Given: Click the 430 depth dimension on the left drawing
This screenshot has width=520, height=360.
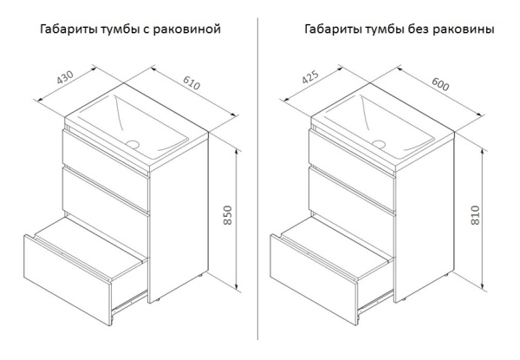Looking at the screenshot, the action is pyautogui.click(x=65, y=77).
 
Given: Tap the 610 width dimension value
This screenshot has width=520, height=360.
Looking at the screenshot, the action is pyautogui.click(x=192, y=83).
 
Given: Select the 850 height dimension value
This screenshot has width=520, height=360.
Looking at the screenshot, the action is pyautogui.click(x=227, y=215).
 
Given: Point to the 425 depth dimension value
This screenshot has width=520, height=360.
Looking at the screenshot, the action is pyautogui.click(x=310, y=77).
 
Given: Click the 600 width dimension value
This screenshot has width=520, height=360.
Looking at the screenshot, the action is pyautogui.click(x=440, y=84).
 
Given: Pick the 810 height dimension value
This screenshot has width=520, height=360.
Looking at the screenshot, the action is pyautogui.click(x=475, y=215).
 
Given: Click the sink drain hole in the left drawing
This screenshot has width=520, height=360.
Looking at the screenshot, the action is pyautogui.click(x=133, y=144).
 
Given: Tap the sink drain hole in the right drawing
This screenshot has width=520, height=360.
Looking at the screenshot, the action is pyautogui.click(x=379, y=144).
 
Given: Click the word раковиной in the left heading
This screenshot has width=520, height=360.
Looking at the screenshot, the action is pyautogui.click(x=187, y=29).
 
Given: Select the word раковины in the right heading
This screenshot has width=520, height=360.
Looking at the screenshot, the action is pyautogui.click(x=464, y=29).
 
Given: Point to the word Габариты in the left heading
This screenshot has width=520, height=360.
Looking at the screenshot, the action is pyautogui.click(x=68, y=29).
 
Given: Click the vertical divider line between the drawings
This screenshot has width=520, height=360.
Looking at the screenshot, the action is pyautogui.click(x=257, y=179).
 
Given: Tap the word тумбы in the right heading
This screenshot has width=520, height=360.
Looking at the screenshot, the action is pyautogui.click(x=386, y=29).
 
